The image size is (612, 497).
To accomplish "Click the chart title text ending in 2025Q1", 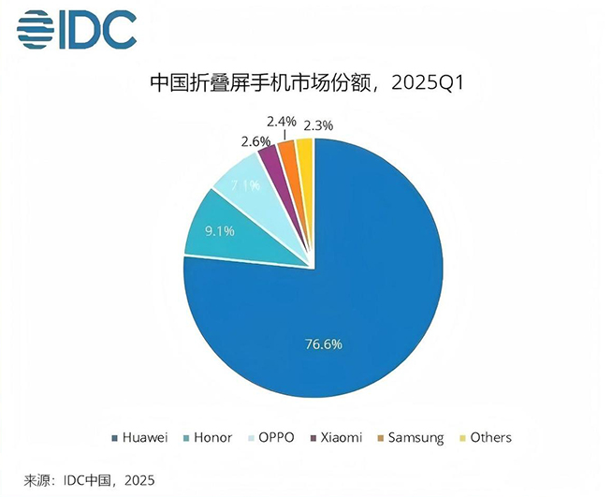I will coord(306,83).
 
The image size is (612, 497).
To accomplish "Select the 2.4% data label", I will coord(281,121).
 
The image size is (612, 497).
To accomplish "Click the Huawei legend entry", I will coord(144,437).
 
